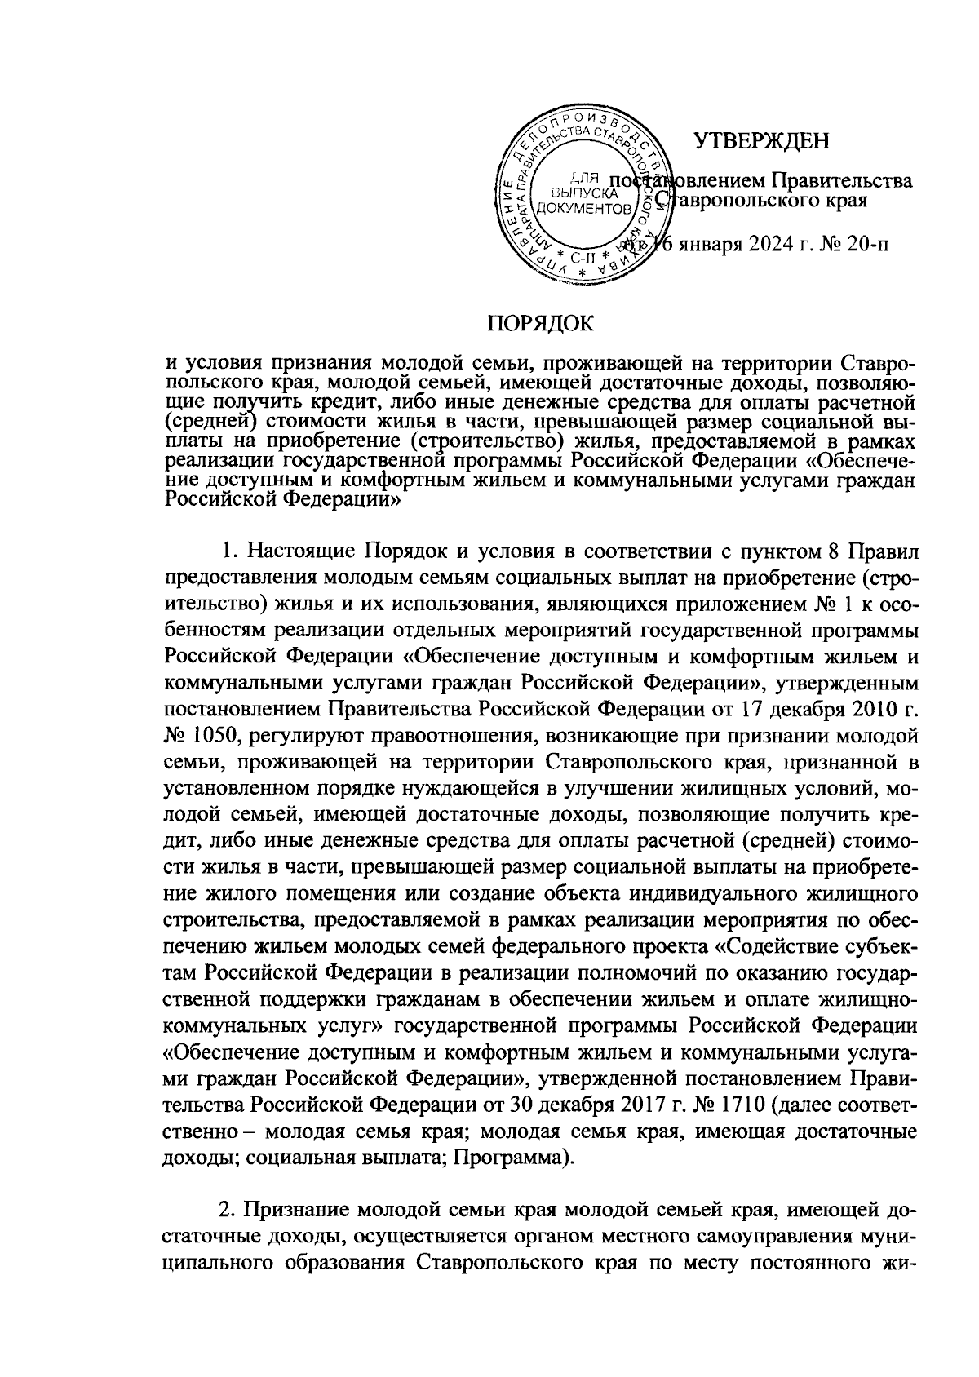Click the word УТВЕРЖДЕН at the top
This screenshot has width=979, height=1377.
(762, 141)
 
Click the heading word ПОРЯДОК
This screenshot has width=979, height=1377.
(541, 323)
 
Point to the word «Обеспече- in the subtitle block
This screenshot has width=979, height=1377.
(857, 463)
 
